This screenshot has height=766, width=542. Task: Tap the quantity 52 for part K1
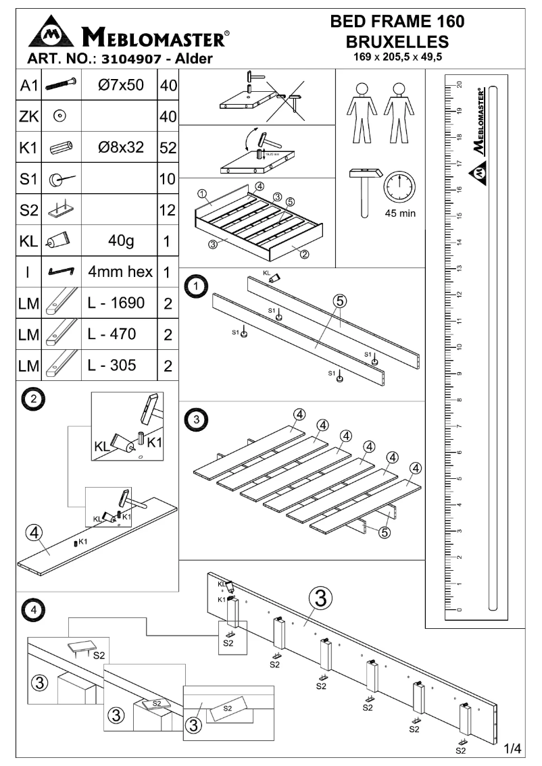point(167,148)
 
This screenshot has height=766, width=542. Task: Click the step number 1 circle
point(197,287)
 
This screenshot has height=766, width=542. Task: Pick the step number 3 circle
point(196,419)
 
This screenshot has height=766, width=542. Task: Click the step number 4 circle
point(30,609)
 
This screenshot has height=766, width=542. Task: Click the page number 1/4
point(513,748)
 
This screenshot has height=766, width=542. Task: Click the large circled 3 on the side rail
point(321,598)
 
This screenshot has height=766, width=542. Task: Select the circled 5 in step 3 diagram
point(384,533)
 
